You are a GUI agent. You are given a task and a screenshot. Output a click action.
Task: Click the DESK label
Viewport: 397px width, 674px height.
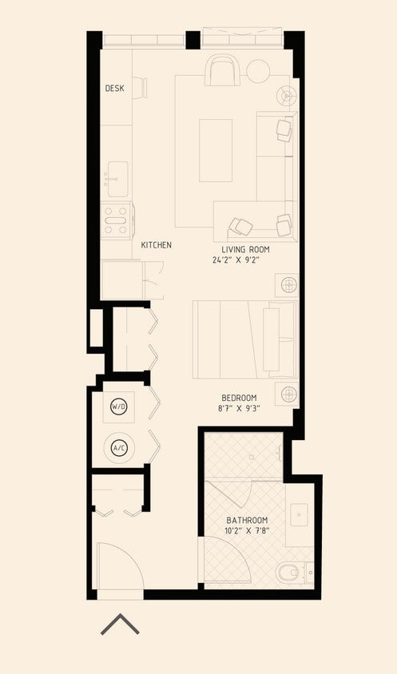coord(114,88)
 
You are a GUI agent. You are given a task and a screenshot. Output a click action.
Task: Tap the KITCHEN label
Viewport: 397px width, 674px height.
coord(157,245)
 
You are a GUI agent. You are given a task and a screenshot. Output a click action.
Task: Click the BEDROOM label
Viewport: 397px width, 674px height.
coord(239,398)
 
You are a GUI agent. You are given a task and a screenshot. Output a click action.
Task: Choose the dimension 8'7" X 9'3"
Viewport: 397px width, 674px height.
coord(239,408)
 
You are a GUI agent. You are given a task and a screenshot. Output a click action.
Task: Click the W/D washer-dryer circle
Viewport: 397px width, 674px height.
coord(119,407)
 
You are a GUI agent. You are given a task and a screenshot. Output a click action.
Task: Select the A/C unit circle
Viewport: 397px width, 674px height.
coord(119,448)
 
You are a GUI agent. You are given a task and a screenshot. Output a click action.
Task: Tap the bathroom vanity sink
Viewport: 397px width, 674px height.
coord(301,516)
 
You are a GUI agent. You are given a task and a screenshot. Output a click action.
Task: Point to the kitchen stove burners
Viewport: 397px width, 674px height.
coord(116,220)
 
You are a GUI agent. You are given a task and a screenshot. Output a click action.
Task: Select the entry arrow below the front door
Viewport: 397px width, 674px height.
coord(120,624)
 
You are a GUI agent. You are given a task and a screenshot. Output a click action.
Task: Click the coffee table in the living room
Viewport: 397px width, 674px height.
coord(216,150)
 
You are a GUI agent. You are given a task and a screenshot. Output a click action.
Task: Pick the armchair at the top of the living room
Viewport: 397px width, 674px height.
coord(221,70)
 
